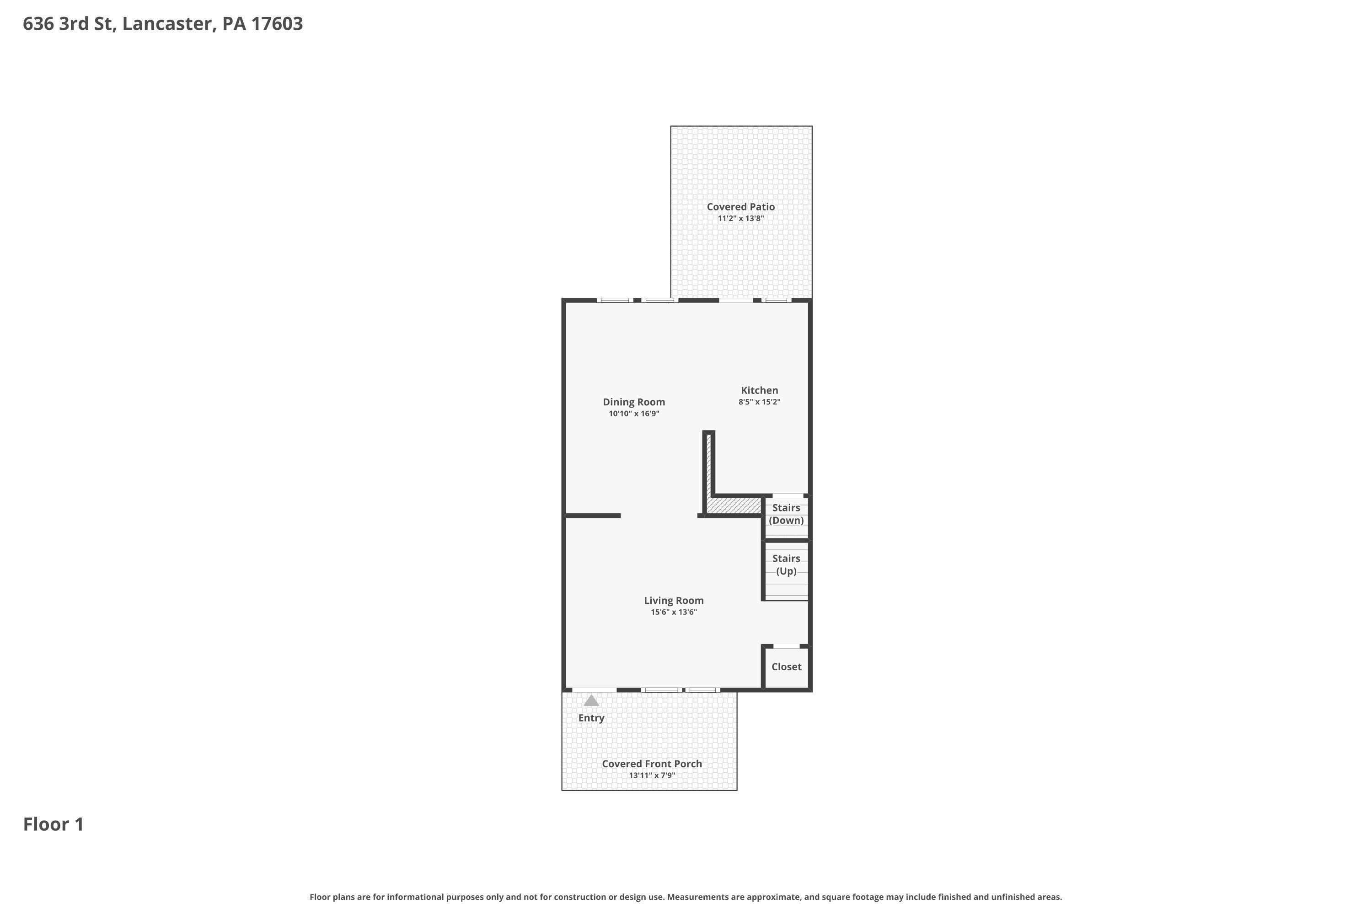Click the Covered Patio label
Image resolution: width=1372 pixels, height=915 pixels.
tap(740, 207)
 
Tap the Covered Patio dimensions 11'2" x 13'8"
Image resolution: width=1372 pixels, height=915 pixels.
tap(740, 219)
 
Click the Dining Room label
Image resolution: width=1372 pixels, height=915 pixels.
tap(633, 402)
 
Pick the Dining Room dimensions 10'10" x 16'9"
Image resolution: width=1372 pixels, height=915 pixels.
tap(633, 414)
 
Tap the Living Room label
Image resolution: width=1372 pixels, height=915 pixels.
tap(674, 600)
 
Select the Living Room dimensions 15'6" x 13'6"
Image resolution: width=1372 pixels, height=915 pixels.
tap(674, 612)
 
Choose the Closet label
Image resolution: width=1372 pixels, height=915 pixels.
tap(786, 667)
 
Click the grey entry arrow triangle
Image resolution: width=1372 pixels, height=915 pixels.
tap(591, 700)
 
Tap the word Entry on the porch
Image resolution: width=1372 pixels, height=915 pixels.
tap(591, 718)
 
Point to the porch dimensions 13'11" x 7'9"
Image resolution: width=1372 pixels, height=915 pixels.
tap(652, 775)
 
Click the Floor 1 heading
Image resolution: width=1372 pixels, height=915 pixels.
tap(54, 824)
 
